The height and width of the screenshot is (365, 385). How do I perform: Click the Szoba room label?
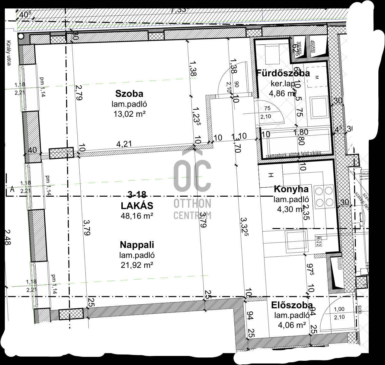coord(129,94)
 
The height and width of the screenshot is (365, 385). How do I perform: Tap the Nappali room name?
coord(137,244)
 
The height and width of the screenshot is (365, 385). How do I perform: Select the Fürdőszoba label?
coord(283,73)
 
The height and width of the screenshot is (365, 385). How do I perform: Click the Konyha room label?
coord(291,189)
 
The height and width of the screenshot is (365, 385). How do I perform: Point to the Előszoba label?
coord(292,305)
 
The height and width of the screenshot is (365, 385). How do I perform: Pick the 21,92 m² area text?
coord(137,265)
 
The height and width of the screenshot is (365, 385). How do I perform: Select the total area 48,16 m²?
coord(137,216)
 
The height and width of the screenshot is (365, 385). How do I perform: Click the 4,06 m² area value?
coord(292,325)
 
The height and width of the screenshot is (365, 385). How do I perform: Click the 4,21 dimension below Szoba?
coord(124,144)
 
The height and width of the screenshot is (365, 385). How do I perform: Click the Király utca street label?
coord(9,53)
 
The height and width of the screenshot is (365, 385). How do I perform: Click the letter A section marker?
coord(12,189)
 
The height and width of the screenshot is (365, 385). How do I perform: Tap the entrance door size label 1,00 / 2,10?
coord(339,313)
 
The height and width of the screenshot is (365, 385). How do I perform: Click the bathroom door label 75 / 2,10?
coord(267,113)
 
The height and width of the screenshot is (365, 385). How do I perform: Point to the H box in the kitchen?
coord(271,175)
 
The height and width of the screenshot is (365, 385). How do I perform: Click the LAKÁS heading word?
coord(137,206)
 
